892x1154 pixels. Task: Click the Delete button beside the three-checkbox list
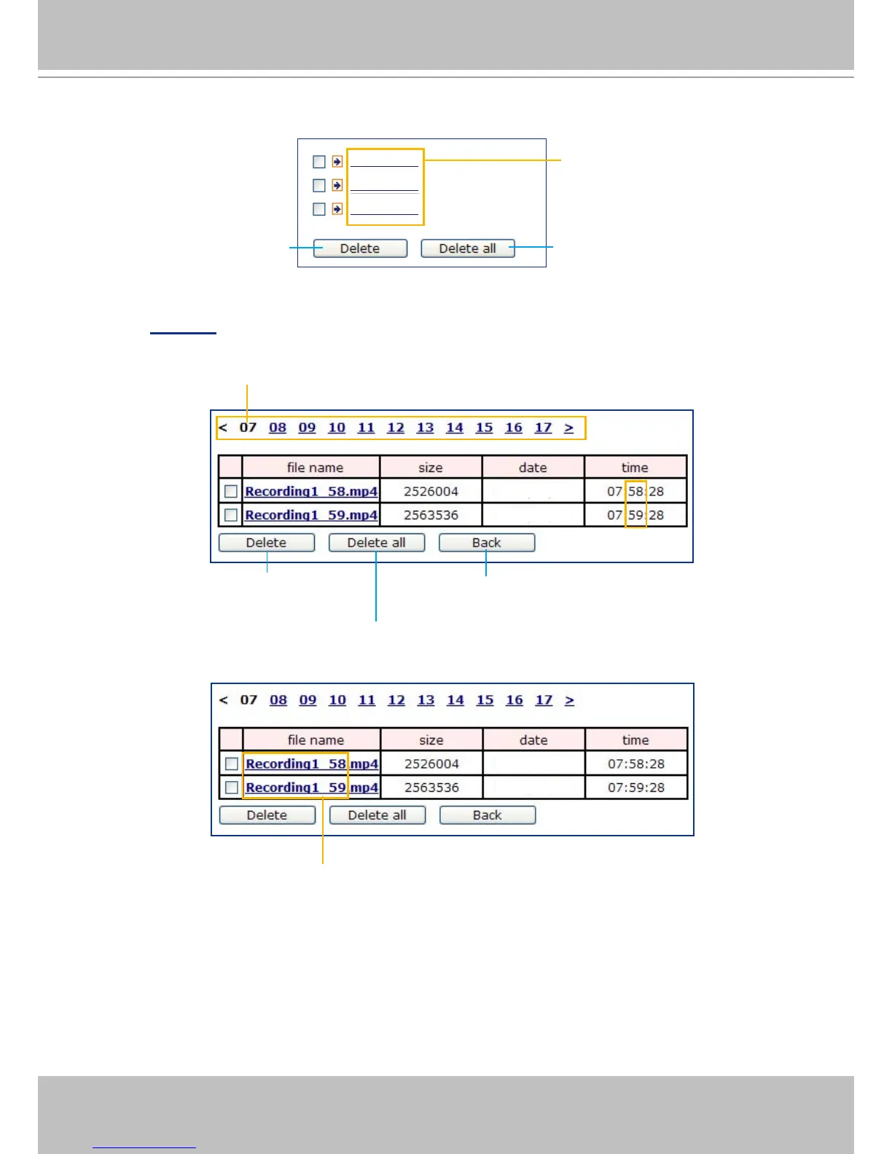[360, 248]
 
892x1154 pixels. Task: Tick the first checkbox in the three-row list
[318, 162]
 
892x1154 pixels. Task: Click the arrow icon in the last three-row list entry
[337, 209]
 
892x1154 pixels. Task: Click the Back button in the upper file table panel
[486, 543]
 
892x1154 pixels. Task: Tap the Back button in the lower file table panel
[487, 815]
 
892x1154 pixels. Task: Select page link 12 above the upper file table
[396, 428]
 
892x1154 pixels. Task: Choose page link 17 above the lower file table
[544, 700]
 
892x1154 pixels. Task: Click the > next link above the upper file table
[568, 428]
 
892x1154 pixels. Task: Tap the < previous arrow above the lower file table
[224, 700]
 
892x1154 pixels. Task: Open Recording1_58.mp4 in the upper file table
[311, 492]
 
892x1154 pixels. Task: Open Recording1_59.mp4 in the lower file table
[312, 788]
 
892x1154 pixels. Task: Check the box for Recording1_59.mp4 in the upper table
[231, 515]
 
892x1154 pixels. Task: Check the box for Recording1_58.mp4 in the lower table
[232, 764]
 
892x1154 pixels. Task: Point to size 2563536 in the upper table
[431, 515]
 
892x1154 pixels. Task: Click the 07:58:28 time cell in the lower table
[635, 764]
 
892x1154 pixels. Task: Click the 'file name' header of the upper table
[315, 468]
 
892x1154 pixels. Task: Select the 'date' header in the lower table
[533, 740]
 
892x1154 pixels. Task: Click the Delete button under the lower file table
[267, 815]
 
